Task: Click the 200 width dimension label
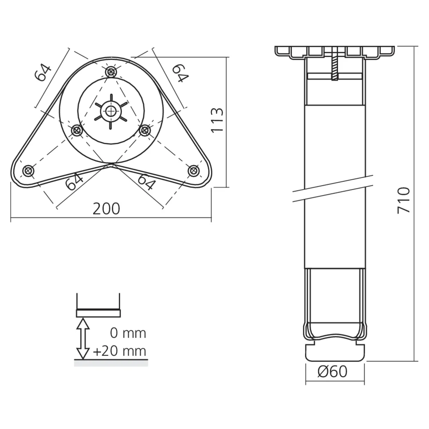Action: click(x=106, y=208)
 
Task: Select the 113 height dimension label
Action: click(x=218, y=120)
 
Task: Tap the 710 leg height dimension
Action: click(x=403, y=200)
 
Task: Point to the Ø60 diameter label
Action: click(x=332, y=372)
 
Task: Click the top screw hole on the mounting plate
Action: click(x=111, y=72)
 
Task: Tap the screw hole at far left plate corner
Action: click(x=28, y=170)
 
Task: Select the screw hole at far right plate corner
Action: click(x=193, y=170)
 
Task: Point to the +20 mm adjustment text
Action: click(x=119, y=351)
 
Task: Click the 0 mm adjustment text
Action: click(x=128, y=333)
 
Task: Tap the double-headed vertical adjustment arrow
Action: click(x=83, y=338)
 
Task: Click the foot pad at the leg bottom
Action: click(x=335, y=352)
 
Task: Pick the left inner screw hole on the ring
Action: click(x=77, y=130)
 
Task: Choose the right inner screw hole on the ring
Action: click(x=145, y=130)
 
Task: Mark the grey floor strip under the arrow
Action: click(x=111, y=363)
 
